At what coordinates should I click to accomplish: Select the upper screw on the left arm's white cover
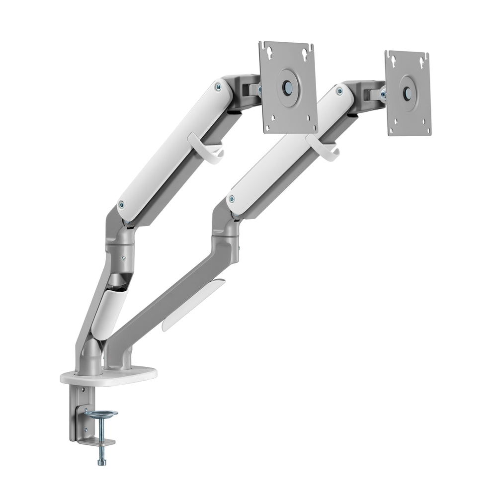[x=218, y=86]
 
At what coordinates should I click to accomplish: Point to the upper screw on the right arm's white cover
[x=339, y=91]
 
